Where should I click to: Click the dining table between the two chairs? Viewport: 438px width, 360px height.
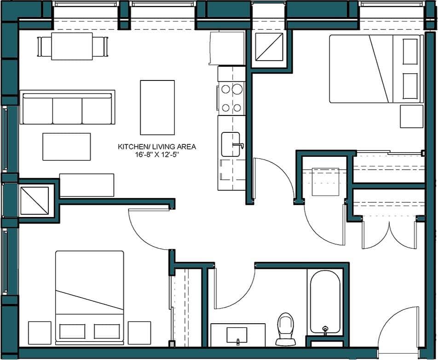tap(72, 46)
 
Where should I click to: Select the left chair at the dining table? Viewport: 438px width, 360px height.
tap(44, 46)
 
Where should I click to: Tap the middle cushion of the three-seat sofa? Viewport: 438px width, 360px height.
tap(67, 110)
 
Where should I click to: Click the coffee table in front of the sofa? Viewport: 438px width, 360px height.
tap(66, 147)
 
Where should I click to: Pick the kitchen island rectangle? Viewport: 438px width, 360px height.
tap(157, 107)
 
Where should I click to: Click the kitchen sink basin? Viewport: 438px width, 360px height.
tap(230, 144)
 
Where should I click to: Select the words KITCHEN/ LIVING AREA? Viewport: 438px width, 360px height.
tap(157, 147)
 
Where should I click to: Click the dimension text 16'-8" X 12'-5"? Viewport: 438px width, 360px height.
tap(157, 155)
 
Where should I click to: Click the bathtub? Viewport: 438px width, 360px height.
tap(325, 301)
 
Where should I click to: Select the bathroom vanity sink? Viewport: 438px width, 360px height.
tap(237, 335)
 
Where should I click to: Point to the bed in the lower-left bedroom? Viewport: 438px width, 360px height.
tap(89, 297)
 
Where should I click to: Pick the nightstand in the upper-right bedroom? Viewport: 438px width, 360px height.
tap(411, 116)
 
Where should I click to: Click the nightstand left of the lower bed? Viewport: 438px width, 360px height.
tap(40, 332)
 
